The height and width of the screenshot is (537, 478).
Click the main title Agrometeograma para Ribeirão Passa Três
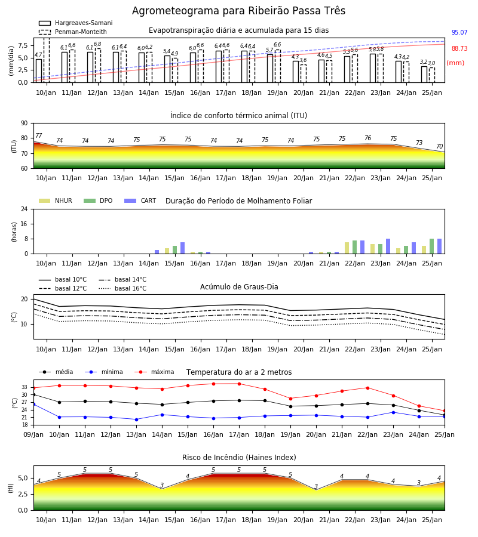click(238, 11)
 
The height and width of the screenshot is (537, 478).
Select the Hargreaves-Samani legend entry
click(76, 23)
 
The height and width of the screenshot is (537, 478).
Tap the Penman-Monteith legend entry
click(73, 32)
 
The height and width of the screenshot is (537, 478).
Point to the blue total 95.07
click(459, 33)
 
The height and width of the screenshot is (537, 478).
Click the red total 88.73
click(459, 49)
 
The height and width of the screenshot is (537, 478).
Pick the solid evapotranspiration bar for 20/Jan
click(296, 72)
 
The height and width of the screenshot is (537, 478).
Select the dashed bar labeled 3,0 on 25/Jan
click(432, 75)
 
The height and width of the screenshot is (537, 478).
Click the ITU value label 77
click(38, 135)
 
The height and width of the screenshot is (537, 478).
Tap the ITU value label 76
click(367, 138)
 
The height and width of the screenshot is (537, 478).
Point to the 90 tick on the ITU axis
click(24, 124)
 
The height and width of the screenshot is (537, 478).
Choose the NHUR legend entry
click(56, 200)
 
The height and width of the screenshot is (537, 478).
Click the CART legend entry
click(140, 200)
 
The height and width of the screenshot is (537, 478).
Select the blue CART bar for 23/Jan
click(388, 246)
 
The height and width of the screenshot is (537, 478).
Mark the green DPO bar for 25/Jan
click(432, 246)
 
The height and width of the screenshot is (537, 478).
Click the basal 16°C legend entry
click(122, 288)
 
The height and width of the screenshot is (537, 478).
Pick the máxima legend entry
click(154, 372)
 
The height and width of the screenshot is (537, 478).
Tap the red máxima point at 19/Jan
click(291, 399)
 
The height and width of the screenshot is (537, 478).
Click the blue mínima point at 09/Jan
click(33, 405)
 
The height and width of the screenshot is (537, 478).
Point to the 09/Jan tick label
click(33, 434)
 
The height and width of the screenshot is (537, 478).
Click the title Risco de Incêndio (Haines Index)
click(239, 458)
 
